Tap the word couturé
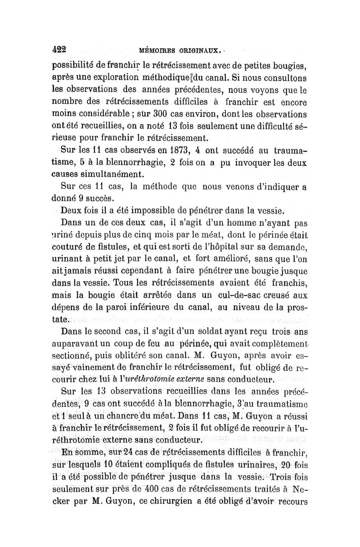point(70,244)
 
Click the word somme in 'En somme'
point(93,451)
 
